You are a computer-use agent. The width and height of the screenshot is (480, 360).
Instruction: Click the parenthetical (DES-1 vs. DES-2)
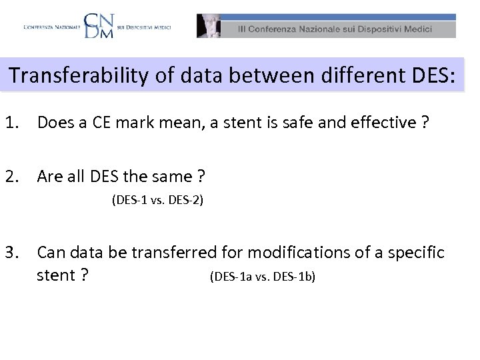(157, 199)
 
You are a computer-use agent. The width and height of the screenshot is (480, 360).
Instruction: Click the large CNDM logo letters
(99, 25)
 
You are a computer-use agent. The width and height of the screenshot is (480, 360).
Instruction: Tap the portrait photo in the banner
(208, 26)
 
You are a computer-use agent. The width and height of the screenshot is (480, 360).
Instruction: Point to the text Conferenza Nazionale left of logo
(51, 27)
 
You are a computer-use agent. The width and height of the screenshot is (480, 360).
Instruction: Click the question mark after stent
(84, 275)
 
